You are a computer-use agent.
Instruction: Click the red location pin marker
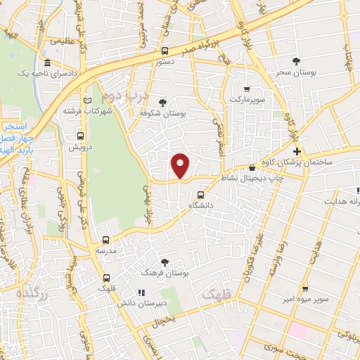tap(181, 165)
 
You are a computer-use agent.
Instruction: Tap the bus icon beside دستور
tap(165, 51)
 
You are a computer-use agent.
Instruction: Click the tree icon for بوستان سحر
tap(296, 61)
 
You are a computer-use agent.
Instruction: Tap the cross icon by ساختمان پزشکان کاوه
tap(297, 151)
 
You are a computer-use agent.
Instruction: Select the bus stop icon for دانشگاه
tap(202, 195)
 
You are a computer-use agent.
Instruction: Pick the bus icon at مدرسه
tap(105, 240)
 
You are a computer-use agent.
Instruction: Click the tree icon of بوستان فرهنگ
tap(165, 262)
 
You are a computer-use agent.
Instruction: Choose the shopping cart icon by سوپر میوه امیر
tap(305, 288)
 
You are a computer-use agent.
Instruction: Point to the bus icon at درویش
tap(80, 136)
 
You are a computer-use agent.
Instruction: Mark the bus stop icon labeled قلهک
tap(106, 278)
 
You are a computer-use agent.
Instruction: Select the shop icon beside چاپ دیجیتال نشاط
tap(252, 167)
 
